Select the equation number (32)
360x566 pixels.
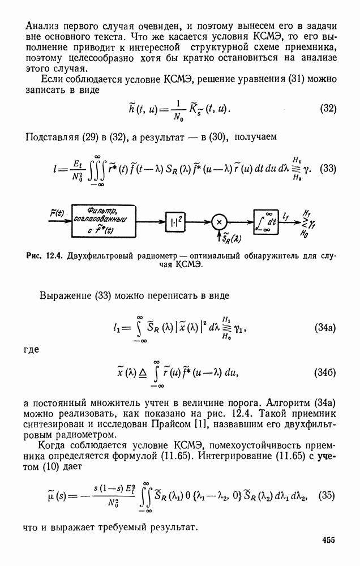pyautogui.click(x=328, y=109)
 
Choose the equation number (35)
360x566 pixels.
pyautogui.click(x=328, y=494)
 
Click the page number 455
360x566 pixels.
pyautogui.click(x=328, y=541)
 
